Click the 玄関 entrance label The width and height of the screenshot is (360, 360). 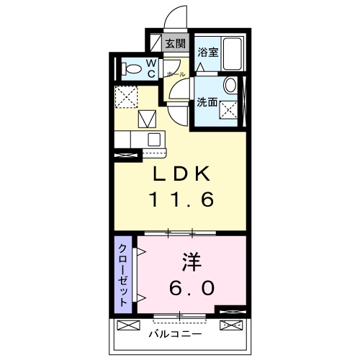(x=175, y=43)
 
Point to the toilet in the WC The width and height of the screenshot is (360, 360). (x=131, y=69)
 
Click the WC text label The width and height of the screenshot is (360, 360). (x=152, y=69)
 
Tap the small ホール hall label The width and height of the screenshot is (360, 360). (x=175, y=74)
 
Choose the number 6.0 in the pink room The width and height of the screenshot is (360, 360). (x=192, y=287)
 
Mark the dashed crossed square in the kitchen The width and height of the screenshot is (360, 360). (x=127, y=95)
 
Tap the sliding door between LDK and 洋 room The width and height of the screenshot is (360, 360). (x=180, y=233)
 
